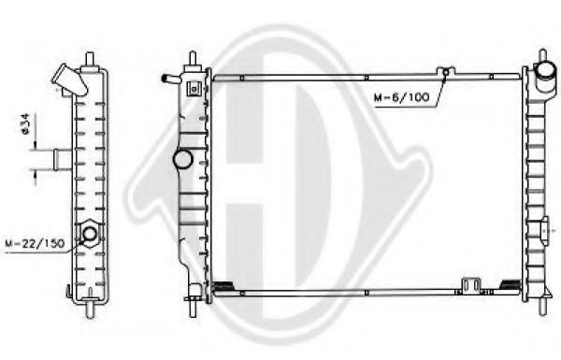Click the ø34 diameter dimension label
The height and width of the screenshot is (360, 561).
coord(27,124)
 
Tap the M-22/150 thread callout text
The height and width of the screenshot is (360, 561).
coord(35,244)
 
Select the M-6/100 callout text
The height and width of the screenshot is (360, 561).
coord(401,97)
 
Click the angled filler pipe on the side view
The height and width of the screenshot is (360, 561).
coord(69,80)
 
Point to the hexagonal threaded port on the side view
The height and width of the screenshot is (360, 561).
coord(90,234)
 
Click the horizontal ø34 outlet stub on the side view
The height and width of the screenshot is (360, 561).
coord(63,160)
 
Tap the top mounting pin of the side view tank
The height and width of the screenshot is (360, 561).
coord(90,61)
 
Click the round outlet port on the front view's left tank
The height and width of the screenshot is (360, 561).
coord(183,159)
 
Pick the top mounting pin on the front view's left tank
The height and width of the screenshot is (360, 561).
coord(193,58)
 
